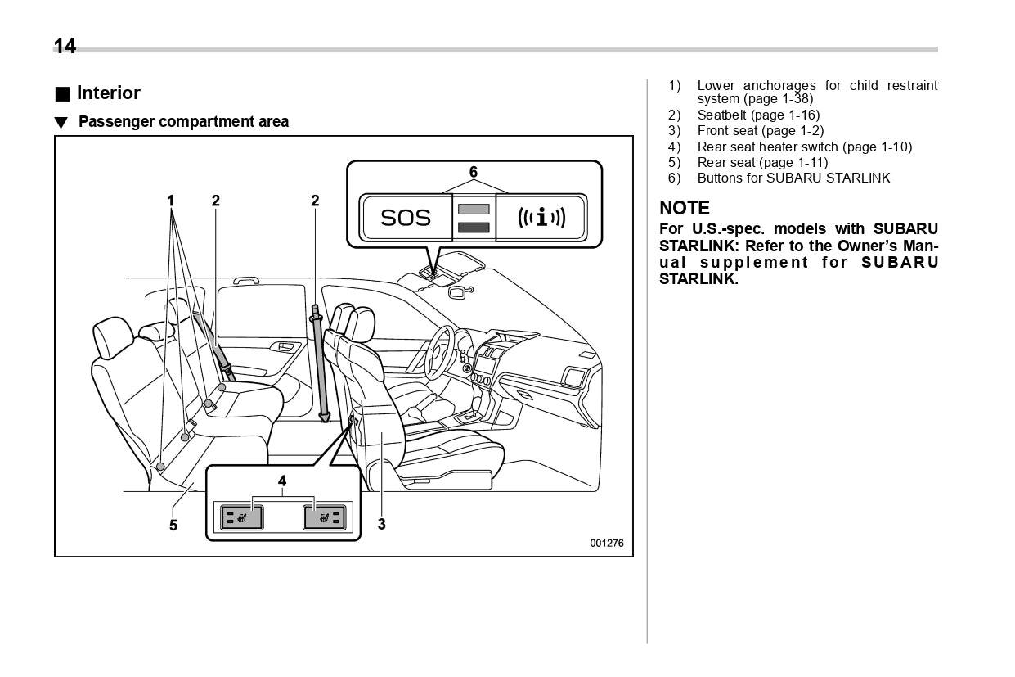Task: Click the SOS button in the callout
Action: click(406, 218)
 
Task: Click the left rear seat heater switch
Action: click(241, 517)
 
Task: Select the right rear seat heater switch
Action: click(324, 517)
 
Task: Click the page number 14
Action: click(65, 47)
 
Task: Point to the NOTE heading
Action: click(685, 208)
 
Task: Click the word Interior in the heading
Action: click(109, 93)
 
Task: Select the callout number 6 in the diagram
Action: click(473, 172)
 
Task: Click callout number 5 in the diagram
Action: click(173, 525)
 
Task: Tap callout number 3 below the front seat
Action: click(382, 524)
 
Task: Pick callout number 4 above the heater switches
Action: click(282, 481)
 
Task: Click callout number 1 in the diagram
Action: click(171, 201)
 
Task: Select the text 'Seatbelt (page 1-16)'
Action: click(758, 115)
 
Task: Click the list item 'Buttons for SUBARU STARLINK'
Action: click(793, 178)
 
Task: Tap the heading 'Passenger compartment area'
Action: click(183, 122)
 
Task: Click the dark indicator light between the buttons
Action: click(474, 228)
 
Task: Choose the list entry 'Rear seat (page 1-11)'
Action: click(762, 162)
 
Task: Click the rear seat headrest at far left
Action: click(113, 337)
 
